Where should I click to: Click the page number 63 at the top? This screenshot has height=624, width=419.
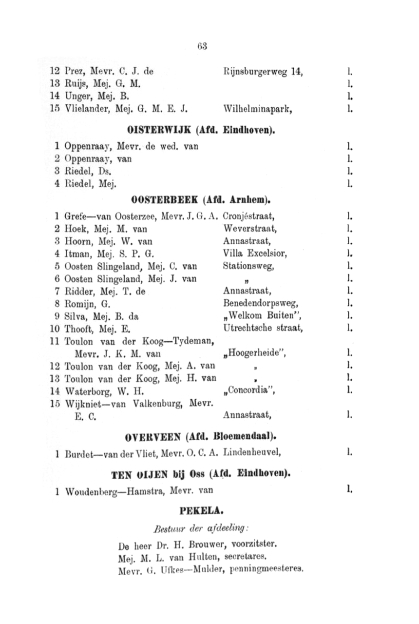(203, 47)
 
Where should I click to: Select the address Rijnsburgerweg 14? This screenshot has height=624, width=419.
(263, 73)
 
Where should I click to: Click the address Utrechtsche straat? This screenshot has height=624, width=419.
(263, 329)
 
